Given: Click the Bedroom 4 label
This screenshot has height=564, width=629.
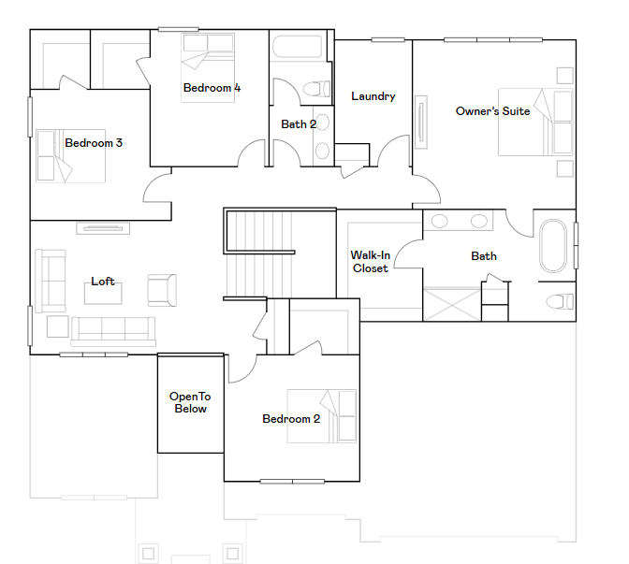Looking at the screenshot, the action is click(212, 88).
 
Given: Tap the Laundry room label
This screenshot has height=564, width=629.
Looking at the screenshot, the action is click(373, 96).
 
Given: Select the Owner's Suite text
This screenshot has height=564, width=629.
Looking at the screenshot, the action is click(492, 111).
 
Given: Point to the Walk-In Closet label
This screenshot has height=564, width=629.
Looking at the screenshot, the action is click(371, 262).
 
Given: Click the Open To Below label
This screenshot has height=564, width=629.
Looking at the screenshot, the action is click(191, 402).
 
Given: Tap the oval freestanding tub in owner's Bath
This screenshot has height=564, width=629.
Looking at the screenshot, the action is click(553, 246).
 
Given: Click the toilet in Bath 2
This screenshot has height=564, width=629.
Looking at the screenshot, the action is click(316, 89).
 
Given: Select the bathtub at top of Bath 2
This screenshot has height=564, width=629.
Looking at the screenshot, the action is click(298, 47).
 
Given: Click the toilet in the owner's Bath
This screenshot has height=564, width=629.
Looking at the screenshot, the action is click(560, 301).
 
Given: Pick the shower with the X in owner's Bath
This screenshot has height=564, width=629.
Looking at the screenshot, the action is click(452, 305).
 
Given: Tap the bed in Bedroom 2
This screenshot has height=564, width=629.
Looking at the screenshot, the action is click(322, 416).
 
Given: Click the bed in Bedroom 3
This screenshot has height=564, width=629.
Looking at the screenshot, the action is click(70, 156).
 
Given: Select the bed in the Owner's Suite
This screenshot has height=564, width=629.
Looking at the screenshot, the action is click(535, 122).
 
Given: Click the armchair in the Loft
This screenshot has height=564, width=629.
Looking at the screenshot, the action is click(162, 290).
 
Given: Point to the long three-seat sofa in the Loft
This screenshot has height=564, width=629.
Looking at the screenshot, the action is click(113, 331).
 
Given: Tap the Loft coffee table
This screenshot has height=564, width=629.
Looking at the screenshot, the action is click(103, 294).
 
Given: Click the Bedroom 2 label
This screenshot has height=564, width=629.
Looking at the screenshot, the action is click(291, 419).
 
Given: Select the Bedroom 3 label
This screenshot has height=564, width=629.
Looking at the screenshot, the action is click(94, 143).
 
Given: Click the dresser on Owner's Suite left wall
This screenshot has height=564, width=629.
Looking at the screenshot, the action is click(421, 122).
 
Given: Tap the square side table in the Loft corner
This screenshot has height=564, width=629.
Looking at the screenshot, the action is click(58, 326).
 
